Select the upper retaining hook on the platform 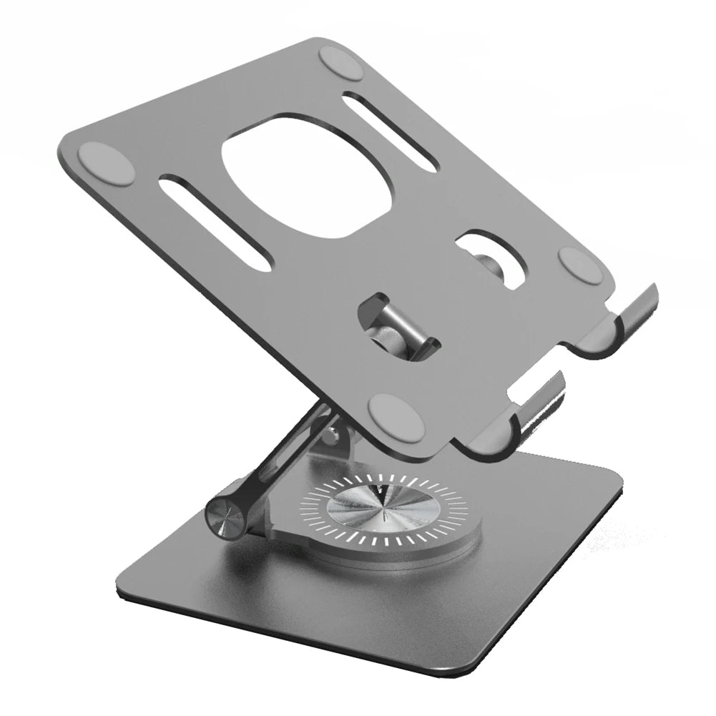(x=629, y=315)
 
